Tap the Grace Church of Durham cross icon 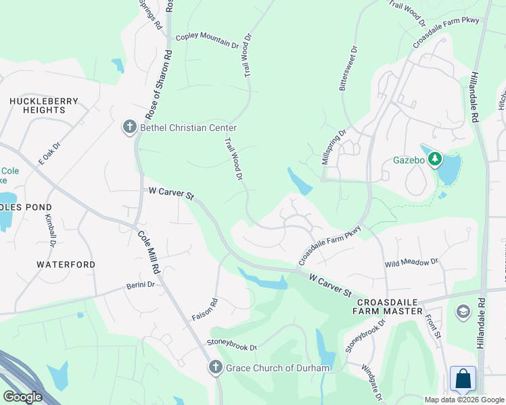point(215,368)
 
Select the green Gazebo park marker point(436,160)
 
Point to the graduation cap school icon point(463,312)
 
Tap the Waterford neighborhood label point(66,265)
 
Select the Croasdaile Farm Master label point(388,306)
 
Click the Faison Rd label point(214,310)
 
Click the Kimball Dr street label point(49,230)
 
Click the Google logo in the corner point(22,397)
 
